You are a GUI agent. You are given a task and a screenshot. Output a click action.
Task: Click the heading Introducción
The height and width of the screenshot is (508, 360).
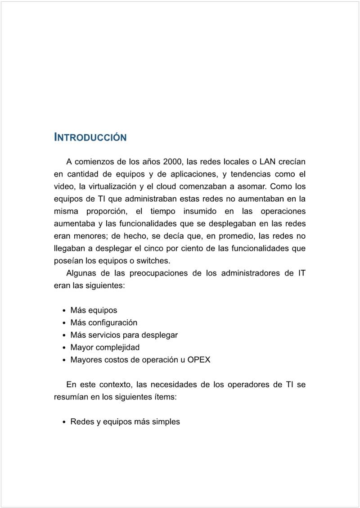pyautogui.click(x=90, y=137)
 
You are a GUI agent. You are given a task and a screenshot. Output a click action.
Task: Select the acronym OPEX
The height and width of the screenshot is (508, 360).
pyautogui.click(x=198, y=360)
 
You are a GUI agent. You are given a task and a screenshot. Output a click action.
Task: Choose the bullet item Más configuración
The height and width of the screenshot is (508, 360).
pyautogui.click(x=104, y=322)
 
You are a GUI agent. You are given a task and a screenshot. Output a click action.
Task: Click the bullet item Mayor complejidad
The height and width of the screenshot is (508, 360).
pyautogui.click(x=105, y=347)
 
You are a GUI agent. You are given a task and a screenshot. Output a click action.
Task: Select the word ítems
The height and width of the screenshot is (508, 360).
pyautogui.click(x=166, y=397)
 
